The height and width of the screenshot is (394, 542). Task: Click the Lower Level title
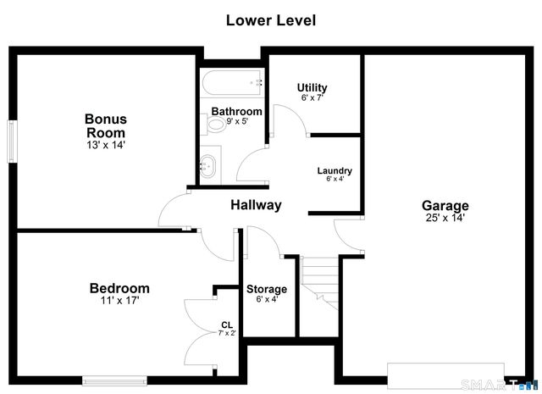(x=271, y=20)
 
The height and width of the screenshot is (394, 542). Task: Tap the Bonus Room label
(x=106, y=126)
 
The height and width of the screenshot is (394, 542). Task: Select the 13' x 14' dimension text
(x=106, y=145)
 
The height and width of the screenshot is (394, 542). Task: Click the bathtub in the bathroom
(x=231, y=82)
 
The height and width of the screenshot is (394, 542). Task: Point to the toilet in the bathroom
(x=215, y=125)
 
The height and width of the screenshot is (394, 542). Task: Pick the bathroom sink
(x=207, y=166)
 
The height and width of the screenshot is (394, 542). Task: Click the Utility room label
(x=312, y=87)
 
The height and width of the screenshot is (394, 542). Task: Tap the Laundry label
(x=335, y=170)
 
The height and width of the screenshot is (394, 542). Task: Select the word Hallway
(x=256, y=205)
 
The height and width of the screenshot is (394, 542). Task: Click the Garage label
(x=445, y=206)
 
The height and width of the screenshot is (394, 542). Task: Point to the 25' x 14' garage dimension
(x=445, y=218)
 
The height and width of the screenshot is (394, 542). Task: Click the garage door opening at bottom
(x=445, y=375)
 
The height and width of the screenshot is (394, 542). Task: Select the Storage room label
(x=267, y=289)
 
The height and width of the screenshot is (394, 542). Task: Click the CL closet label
(x=227, y=325)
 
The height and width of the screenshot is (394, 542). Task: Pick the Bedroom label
(x=119, y=288)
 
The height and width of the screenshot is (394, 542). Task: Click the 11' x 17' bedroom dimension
(x=119, y=301)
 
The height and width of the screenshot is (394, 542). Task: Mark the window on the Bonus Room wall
(x=13, y=142)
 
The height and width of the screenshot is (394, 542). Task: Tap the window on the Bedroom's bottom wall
(x=114, y=380)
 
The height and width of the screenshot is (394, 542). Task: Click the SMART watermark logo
(x=499, y=385)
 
